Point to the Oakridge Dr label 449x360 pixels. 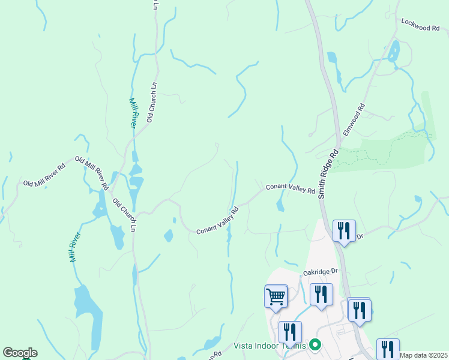pyautogui.click(x=321, y=272)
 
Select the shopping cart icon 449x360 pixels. pyautogui.click(x=276, y=296)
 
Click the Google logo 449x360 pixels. pyautogui.click(x=20, y=352)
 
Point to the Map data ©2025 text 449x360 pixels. pyautogui.click(x=424, y=355)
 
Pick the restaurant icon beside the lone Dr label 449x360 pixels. pyautogui.click(x=343, y=231)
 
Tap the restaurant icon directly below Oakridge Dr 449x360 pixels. pyautogui.click(x=321, y=295)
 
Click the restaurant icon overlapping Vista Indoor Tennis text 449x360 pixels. pyautogui.click(x=289, y=332)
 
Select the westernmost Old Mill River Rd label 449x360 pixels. pyautogui.click(x=44, y=175)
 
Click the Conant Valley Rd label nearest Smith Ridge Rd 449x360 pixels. pyautogui.click(x=291, y=188)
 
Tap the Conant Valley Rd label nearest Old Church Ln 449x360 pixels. pyautogui.click(x=218, y=221)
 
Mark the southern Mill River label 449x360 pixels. pyautogui.click(x=74, y=248)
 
